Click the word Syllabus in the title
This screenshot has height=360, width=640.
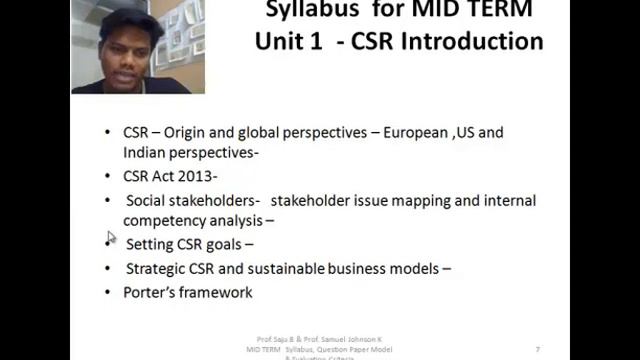coord(309,10)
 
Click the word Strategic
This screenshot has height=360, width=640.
coord(156,268)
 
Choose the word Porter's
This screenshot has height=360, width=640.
coord(152,292)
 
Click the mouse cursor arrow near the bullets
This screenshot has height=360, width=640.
coord(111,238)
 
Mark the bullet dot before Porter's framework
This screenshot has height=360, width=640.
coord(109,292)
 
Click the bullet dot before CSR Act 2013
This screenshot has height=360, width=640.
coord(109,175)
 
